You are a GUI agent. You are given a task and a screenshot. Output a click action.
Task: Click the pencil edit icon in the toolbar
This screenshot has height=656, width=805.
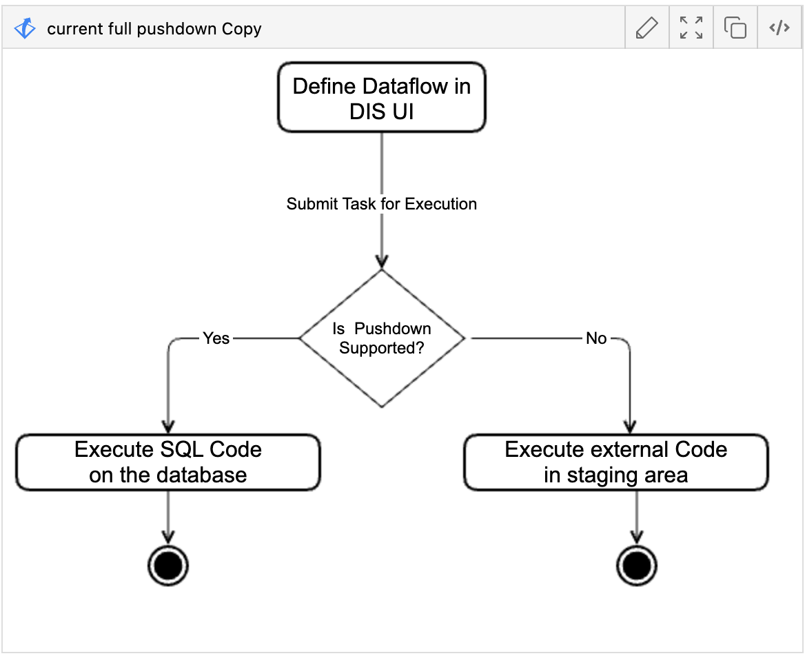point(646,28)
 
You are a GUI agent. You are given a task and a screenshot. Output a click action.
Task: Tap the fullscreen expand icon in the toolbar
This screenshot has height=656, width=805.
point(691,28)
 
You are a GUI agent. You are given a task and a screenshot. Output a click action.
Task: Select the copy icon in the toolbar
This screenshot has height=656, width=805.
point(735,28)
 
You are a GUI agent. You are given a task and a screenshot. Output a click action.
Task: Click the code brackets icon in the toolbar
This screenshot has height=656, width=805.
point(779,28)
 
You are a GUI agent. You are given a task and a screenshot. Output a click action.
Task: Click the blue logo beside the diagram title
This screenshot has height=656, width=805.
point(25,29)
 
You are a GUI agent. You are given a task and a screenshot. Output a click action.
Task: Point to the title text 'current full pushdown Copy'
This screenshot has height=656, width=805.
point(154,29)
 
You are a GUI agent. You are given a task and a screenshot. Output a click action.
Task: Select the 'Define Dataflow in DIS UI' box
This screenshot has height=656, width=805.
point(381,97)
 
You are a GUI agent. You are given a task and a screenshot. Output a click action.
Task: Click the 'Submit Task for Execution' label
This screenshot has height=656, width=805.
point(381,204)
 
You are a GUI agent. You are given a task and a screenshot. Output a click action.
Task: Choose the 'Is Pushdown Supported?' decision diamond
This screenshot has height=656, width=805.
point(382,338)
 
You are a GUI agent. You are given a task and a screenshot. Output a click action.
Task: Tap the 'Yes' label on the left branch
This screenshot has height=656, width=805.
point(216,338)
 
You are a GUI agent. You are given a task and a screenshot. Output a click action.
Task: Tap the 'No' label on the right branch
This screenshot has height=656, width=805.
point(596,338)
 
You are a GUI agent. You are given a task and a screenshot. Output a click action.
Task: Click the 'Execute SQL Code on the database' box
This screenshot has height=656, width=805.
point(168,462)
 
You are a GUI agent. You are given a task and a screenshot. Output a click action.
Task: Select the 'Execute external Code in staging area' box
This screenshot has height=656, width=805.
point(615,462)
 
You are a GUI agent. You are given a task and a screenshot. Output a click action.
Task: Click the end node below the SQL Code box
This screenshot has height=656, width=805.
point(168,566)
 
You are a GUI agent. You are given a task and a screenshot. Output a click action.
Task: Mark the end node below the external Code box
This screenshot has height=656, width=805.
point(636,566)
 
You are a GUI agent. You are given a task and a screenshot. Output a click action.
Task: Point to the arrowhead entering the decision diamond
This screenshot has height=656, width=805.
point(382,262)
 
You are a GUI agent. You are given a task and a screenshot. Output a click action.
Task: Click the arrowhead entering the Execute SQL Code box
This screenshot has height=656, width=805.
point(168,427)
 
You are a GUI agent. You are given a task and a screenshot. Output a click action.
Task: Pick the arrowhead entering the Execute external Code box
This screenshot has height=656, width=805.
point(630,427)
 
